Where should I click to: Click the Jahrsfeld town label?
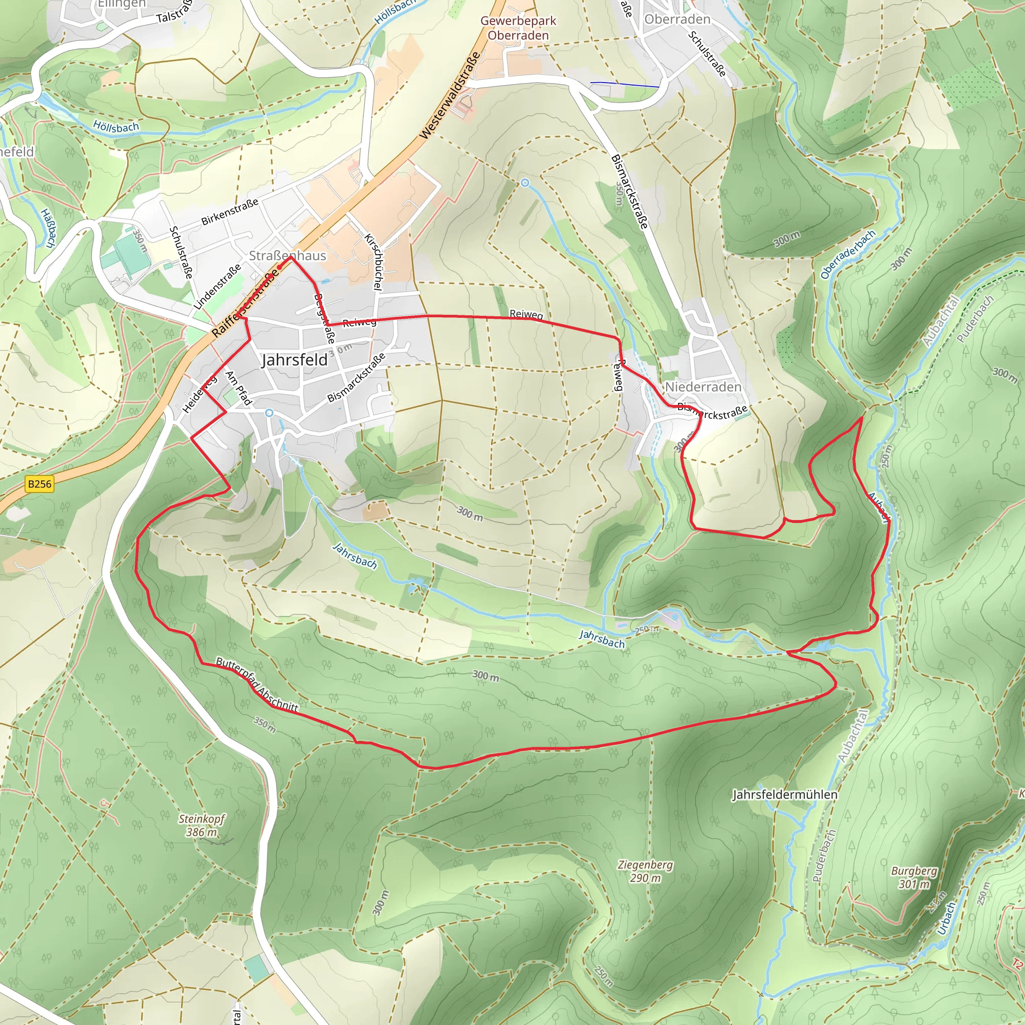pyautogui.click(x=294, y=360)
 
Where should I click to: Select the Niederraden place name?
pyautogui.click(x=703, y=387)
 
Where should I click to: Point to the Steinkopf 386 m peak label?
pyautogui.click(x=202, y=825)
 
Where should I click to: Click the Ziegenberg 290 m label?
pyautogui.click(x=645, y=871)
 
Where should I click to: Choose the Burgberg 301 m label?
pyautogui.click(x=913, y=877)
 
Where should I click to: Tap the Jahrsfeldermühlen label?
pyautogui.click(x=785, y=794)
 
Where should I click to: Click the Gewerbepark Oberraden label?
pyautogui.click(x=518, y=28)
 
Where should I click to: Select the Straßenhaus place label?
pyautogui.click(x=288, y=255)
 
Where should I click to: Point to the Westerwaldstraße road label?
pyautogui.click(x=450, y=96)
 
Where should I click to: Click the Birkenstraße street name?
pyautogui.click(x=230, y=211)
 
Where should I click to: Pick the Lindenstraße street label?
pyautogui.click(x=217, y=286)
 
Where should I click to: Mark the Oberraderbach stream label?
pyautogui.click(x=847, y=254)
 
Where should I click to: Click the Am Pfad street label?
pyautogui.click(x=238, y=388)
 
